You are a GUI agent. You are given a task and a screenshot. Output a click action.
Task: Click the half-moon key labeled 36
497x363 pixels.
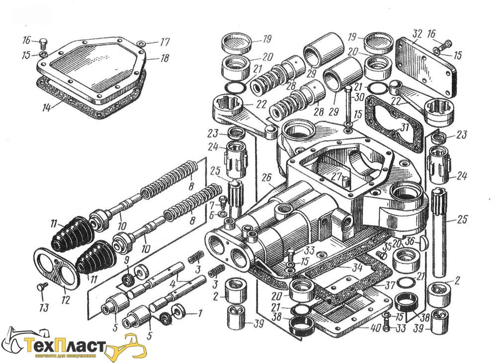coord(423,243)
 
